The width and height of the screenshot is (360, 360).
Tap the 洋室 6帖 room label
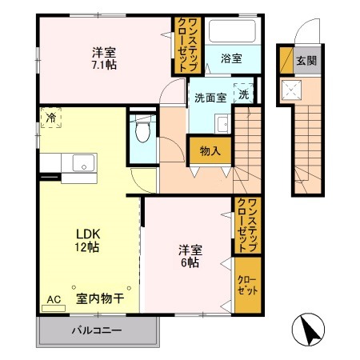pyautogui.click(x=190, y=255)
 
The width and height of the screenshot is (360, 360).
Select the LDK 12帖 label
pyautogui.click(x=87, y=240)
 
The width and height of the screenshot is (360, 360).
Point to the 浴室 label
pyautogui.click(x=232, y=59)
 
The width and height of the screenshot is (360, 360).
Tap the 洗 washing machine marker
pyautogui.click(x=243, y=94)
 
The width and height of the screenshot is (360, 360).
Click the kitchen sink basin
pyautogui.click(x=82, y=163)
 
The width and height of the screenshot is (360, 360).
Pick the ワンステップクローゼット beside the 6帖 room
pyautogui.click(x=246, y=225)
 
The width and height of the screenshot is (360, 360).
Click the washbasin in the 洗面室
pyautogui.click(x=222, y=124)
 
